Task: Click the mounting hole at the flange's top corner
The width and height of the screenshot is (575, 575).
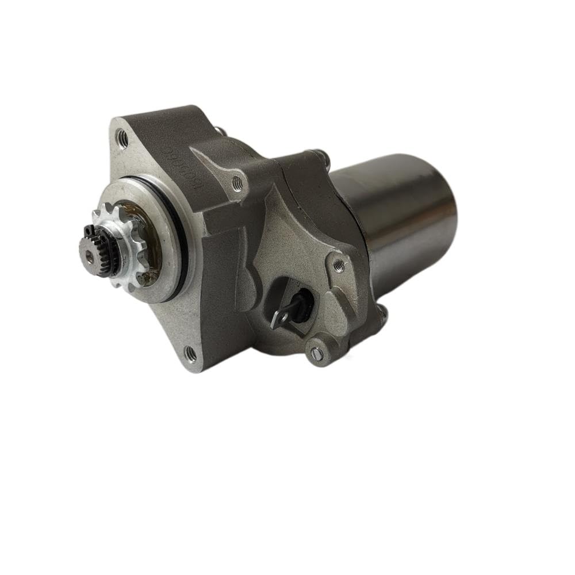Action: click(x=122, y=137)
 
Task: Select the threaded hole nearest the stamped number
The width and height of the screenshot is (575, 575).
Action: click(x=237, y=183)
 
